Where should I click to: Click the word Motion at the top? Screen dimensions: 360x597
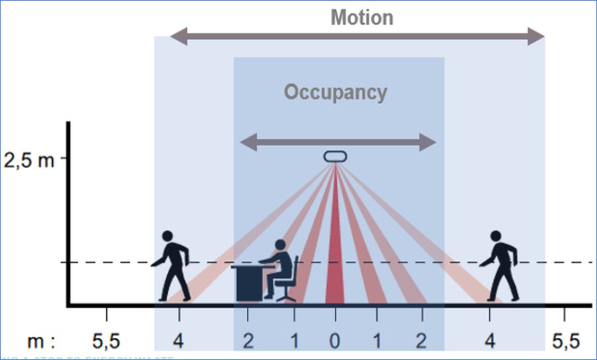coord(361,17)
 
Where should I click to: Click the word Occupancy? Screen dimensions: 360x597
coord(335,92)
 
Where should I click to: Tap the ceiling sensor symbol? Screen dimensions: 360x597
coord(335,157)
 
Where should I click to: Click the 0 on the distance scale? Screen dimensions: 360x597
coord(335,341)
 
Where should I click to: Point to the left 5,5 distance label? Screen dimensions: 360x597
coord(106,341)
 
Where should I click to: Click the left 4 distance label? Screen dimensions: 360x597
coord(178,341)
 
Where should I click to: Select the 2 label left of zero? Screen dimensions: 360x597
coord(247,341)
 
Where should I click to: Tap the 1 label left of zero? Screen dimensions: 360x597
coord(293,341)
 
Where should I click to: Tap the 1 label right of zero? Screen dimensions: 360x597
coord(377,341)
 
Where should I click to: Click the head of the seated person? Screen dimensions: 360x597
coord(280,246)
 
